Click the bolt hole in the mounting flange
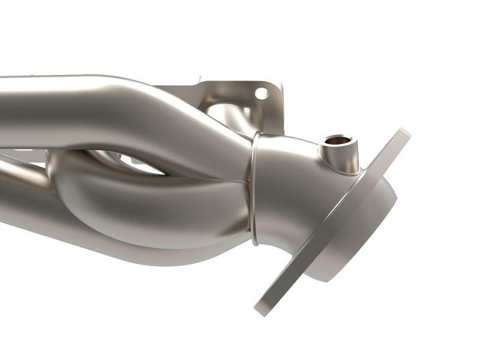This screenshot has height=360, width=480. tap(261, 93)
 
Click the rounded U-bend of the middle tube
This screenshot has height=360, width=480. tap(66, 174)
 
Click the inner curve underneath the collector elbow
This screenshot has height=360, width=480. tap(276, 240)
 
